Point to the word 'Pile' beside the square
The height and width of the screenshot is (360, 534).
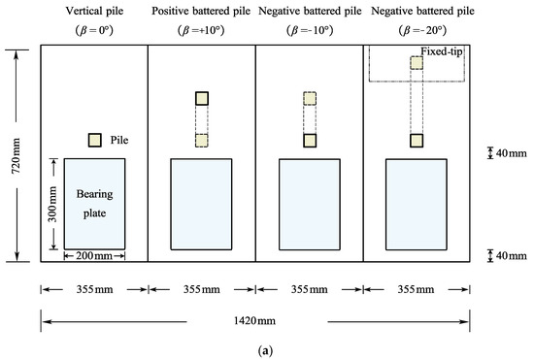[120, 140]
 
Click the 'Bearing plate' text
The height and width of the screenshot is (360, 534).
[96, 202]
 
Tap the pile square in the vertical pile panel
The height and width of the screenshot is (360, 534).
[94, 140]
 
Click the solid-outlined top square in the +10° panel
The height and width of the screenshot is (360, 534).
[202, 98]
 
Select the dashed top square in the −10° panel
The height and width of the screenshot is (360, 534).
[310, 98]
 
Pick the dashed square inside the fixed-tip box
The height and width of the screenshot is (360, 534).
[417, 62]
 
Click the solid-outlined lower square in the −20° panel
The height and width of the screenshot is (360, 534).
[417, 140]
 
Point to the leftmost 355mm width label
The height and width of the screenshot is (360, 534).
[93, 288]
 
